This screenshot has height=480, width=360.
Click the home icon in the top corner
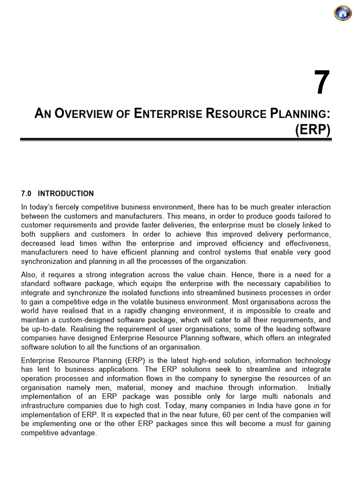[343, 13]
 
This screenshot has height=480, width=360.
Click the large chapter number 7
[322, 84]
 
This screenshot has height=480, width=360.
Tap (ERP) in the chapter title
[313, 130]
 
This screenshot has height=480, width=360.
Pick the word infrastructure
[45, 406]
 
